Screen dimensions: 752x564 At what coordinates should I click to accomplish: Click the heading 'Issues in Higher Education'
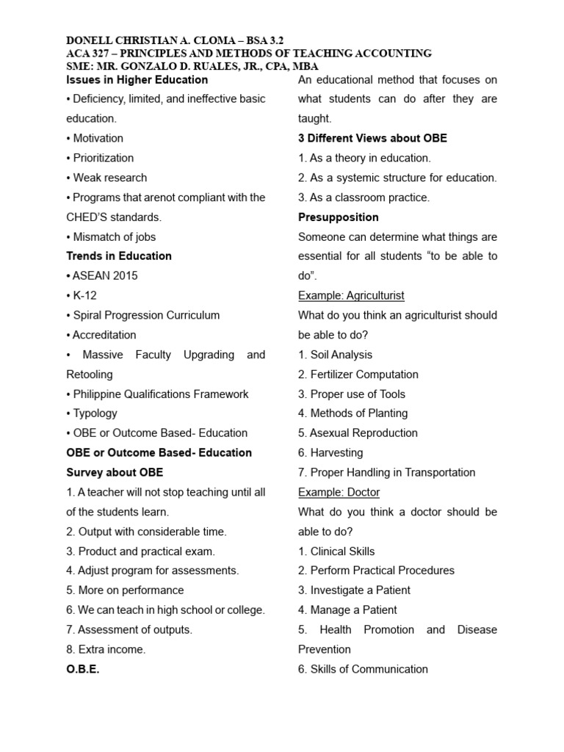[137, 79]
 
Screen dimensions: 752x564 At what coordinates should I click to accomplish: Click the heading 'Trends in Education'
[119, 256]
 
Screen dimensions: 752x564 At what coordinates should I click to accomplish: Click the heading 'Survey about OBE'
[115, 472]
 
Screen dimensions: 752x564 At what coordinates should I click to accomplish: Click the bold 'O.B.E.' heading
[83, 669]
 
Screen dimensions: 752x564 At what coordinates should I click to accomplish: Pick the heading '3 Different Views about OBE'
[372, 138]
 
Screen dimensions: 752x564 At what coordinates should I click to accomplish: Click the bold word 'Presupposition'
[339, 217]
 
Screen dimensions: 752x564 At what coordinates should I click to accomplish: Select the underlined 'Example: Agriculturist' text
[351, 295]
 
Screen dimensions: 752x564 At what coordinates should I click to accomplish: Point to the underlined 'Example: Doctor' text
[339, 492]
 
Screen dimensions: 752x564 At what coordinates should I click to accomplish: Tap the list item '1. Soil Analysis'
[335, 355]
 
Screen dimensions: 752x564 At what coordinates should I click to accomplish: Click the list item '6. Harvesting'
[330, 453]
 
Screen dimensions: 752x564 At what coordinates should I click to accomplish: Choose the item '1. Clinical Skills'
[336, 551]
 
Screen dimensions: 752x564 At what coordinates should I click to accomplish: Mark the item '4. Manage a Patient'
[347, 610]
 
